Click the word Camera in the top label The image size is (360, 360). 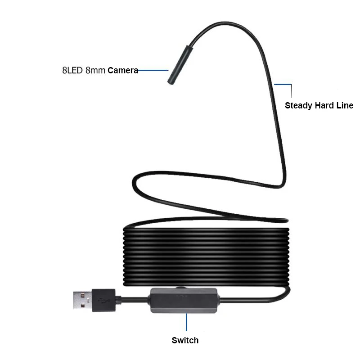point(122,71)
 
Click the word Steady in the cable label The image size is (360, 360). point(299,106)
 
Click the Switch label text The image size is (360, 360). point(185,340)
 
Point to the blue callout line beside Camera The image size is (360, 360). point(153,70)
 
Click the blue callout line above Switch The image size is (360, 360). point(186,322)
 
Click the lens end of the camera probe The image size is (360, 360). point(171,82)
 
